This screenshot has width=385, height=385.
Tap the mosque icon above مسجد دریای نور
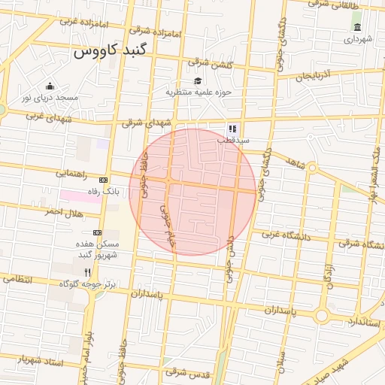pyautogui.click(x=50, y=86)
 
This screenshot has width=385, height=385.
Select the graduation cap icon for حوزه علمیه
pyautogui.click(x=198, y=81)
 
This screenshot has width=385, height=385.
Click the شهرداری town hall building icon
pyautogui.click(x=356, y=28)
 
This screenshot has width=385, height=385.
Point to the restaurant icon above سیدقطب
pyautogui.click(x=232, y=129)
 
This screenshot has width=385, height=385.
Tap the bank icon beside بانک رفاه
pyautogui.click(x=103, y=180)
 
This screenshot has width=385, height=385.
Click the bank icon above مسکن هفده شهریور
pyautogui.click(x=97, y=233)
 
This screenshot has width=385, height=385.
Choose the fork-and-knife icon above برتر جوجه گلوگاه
pyautogui.click(x=87, y=272)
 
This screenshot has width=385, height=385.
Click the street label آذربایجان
pyautogui.click(x=318, y=75)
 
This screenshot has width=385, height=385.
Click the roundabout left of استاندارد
pyautogui.click(x=322, y=317)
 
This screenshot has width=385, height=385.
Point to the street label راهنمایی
pyautogui.click(x=71, y=174)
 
